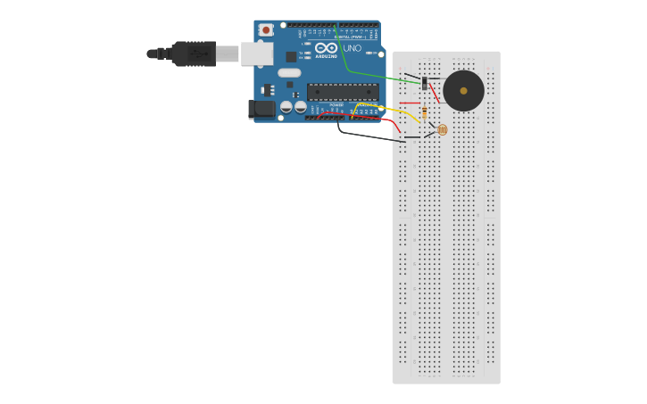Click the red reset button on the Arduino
265,30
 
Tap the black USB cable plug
193,54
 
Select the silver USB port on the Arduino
256,54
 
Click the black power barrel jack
261,109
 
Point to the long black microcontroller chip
343,91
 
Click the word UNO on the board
353,49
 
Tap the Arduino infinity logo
326,47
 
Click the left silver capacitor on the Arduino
286,107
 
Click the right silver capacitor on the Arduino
300,107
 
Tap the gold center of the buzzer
463,91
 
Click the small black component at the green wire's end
425,83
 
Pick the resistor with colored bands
425,112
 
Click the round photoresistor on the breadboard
442,130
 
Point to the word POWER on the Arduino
336,105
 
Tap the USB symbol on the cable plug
198,54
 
